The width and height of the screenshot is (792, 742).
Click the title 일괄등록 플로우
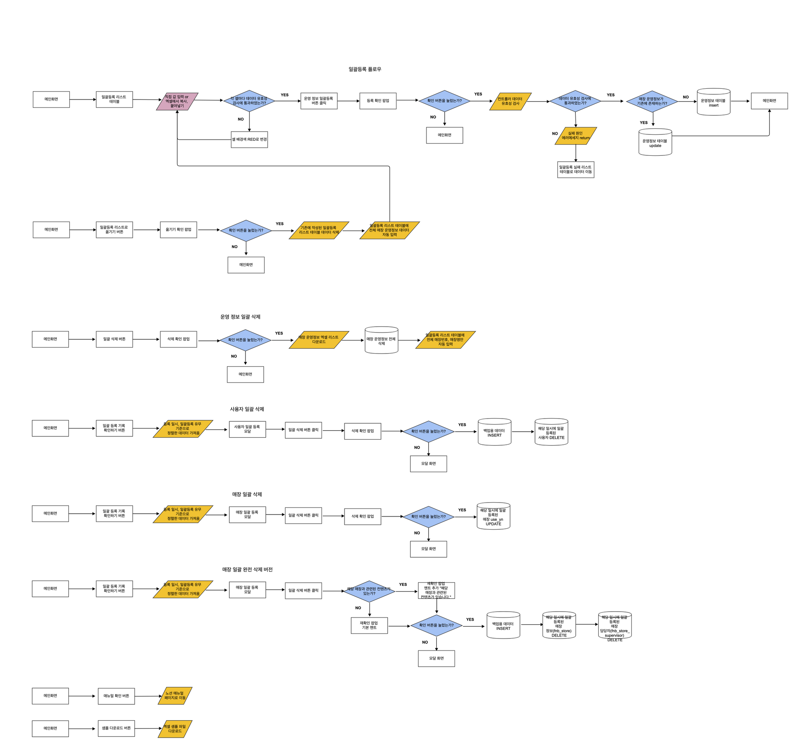pos(365,69)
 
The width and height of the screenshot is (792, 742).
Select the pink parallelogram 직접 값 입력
pos(177,101)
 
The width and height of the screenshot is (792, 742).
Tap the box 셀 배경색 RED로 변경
pos(249,140)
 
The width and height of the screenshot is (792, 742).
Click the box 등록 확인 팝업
pos(378,101)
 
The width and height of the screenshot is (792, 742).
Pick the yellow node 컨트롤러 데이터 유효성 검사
pos(510,101)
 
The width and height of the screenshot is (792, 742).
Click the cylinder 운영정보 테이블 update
pos(655,142)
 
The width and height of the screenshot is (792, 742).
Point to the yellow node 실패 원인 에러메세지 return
pos(575,136)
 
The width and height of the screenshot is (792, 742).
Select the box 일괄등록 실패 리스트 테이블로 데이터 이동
pos(575,170)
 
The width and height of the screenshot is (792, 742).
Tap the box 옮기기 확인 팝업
pos(178,229)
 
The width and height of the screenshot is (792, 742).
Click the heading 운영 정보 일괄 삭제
pos(240,317)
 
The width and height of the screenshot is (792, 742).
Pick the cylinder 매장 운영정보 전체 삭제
pos(381,340)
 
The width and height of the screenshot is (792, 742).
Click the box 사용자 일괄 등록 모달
pos(247,429)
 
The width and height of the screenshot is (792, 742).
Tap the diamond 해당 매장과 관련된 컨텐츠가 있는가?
pos(369,591)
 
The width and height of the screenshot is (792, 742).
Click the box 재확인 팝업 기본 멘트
pos(369,625)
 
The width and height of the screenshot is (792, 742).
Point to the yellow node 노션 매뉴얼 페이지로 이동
pos(175,696)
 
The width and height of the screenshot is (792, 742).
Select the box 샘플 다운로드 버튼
pos(116,728)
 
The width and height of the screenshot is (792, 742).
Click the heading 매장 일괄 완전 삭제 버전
pos(247,569)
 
